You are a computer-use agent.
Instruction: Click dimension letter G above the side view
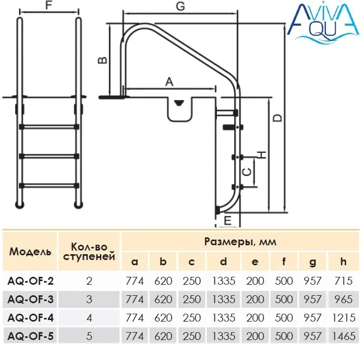click(181, 6)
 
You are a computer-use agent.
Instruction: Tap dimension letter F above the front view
click(48, 5)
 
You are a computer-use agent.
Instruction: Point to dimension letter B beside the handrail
click(103, 60)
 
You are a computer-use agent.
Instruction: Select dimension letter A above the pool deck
click(169, 82)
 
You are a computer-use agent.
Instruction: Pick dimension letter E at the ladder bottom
click(227, 221)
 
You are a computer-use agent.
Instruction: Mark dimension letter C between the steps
click(247, 172)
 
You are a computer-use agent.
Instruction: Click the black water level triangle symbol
click(179, 103)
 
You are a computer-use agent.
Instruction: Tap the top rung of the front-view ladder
click(49, 127)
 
